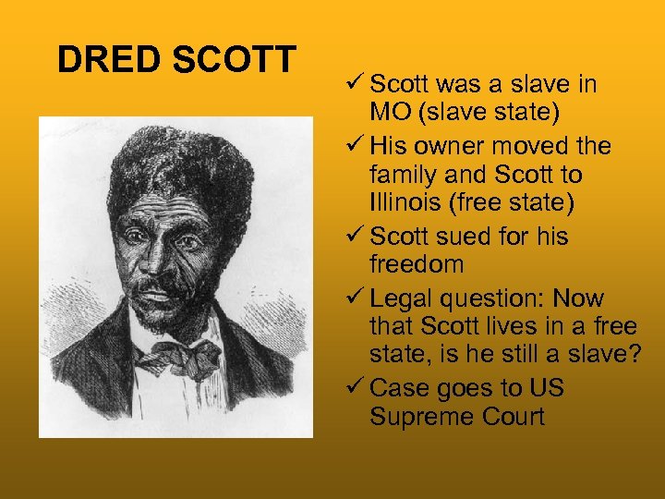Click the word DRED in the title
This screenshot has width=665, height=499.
97,60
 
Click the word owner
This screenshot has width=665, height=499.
449,146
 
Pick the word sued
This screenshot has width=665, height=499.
467,237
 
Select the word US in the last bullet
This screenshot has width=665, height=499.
545,387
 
